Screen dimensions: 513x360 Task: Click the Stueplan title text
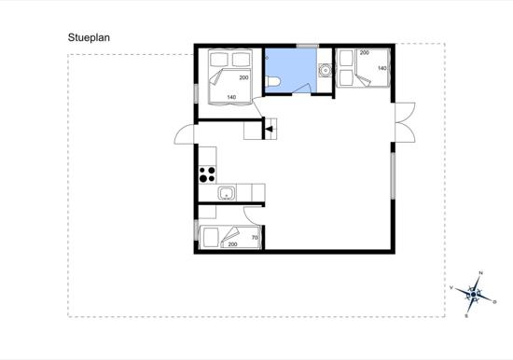89,37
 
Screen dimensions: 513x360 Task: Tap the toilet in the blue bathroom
272,82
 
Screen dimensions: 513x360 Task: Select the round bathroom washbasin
326,70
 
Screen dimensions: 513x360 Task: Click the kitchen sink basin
227,193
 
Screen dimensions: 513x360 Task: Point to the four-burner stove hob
207,174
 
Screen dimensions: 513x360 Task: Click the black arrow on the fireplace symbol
269,130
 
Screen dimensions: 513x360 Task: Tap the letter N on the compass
481,273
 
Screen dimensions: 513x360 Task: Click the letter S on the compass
466,316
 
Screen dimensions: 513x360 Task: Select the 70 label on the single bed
255,238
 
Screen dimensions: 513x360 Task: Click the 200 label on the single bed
232,244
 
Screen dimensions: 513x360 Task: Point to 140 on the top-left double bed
231,97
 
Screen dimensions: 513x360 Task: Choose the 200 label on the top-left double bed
243,77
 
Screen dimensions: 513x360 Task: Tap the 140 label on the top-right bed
382,68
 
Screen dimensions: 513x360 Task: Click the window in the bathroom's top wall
308,46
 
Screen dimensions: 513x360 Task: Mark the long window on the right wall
393,175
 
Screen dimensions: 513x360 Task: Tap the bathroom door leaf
301,89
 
